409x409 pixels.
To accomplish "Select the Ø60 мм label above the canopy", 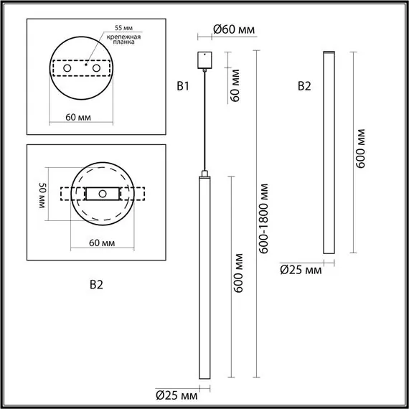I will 234,29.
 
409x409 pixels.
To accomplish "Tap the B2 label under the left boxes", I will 96,285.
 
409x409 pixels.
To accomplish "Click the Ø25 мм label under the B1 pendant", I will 177,394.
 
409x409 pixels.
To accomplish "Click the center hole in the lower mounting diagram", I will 103,194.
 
